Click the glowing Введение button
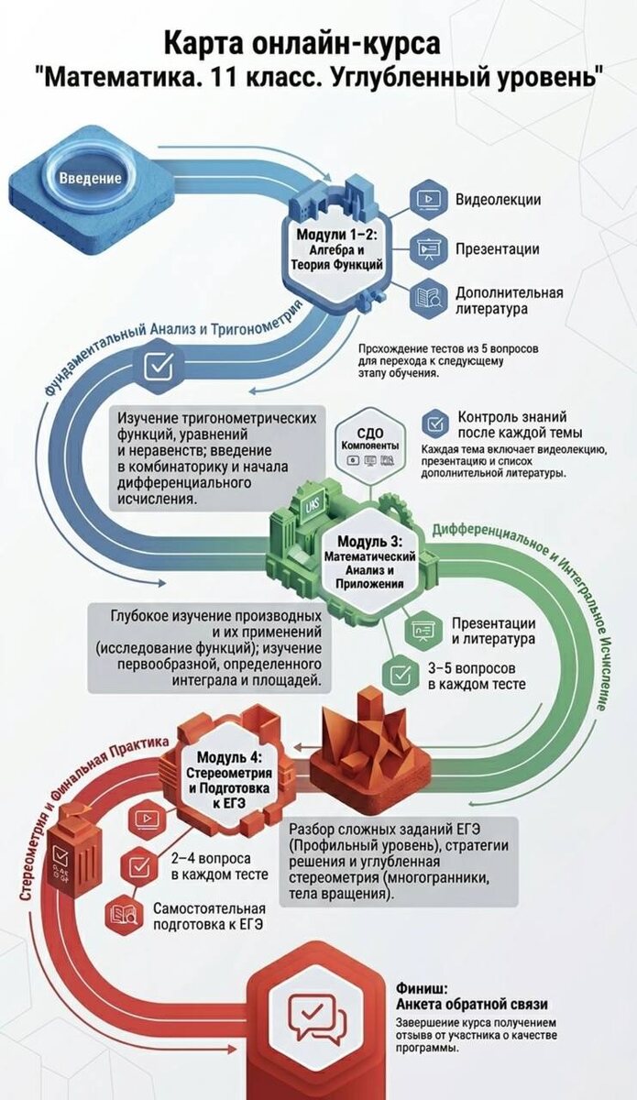pyautogui.click(x=90, y=177)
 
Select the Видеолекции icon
pyautogui.click(x=426, y=199)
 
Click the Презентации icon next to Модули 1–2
pyautogui.click(x=426, y=247)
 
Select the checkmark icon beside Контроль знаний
pyautogui.click(x=434, y=423)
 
